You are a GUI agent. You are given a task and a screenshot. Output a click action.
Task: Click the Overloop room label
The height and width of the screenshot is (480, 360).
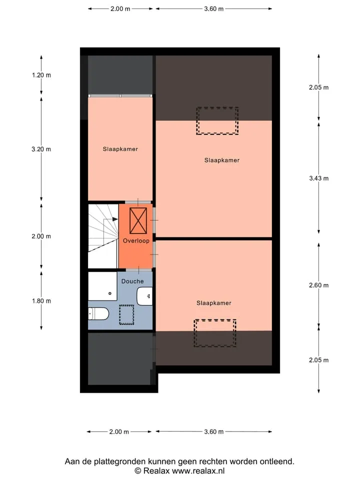pos(136,240)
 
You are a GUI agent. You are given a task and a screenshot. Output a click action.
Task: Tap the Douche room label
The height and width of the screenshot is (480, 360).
pos(132,281)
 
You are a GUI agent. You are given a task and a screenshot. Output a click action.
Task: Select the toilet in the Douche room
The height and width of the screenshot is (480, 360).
pos(98,313)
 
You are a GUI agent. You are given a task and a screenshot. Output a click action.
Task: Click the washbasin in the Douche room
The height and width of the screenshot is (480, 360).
pos(144,296)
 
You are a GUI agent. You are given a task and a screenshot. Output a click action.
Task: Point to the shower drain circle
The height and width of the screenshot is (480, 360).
pos(110,293)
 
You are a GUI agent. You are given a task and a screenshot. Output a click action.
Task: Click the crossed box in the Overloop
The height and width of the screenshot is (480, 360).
pos(138,220)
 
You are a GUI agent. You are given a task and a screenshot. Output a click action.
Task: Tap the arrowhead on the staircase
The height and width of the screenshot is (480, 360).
pos(115,219)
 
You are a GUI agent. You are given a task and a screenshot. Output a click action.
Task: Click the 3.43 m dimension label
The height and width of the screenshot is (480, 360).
pos(318,178)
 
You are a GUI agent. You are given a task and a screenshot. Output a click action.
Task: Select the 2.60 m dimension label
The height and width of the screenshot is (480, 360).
pos(318,285)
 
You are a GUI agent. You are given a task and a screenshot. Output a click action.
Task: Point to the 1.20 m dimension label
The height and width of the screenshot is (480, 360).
pos(41,75)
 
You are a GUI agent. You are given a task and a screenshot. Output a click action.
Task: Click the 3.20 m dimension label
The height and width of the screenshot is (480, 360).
pos(41,149)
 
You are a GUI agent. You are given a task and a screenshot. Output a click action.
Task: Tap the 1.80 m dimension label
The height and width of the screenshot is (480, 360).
pos(41,301)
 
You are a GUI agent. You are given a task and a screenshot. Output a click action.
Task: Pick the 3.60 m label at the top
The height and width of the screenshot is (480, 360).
pos(213,8)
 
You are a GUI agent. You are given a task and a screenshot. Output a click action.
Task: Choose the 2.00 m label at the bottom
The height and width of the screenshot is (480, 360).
pos(119,431)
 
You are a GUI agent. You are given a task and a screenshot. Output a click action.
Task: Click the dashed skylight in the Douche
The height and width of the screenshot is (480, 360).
pos(126,314)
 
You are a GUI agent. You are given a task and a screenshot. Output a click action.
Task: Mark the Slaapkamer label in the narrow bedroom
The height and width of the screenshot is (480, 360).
pos(120,149)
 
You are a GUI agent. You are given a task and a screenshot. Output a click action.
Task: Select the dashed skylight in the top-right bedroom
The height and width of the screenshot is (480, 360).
pos(217,120)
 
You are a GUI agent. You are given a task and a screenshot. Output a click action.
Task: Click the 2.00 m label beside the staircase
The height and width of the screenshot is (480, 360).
pos(41,236)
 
